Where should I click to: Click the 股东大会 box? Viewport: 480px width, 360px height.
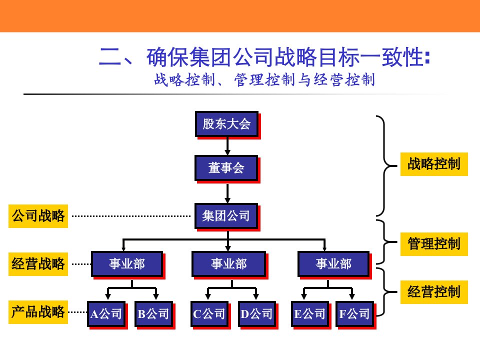226,123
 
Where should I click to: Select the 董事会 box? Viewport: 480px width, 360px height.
226,168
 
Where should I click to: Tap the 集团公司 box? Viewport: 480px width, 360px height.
226,216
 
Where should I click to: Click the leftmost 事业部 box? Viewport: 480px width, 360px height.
126,263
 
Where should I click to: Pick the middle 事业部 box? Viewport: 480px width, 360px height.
228,263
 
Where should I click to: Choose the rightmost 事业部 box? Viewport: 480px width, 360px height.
333,263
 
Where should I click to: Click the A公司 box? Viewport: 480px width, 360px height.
106,313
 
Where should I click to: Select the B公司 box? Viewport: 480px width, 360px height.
153,313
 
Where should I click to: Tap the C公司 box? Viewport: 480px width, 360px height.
209,313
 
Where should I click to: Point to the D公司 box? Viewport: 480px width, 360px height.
256,313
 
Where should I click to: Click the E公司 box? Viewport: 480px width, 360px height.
309,313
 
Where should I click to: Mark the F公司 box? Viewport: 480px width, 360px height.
354,313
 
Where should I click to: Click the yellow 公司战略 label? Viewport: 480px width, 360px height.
38,216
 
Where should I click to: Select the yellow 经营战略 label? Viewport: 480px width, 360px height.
38,263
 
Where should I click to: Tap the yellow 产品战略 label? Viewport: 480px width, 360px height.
38,312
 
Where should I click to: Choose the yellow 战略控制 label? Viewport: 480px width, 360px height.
434,164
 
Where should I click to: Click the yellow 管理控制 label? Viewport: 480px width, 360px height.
434,243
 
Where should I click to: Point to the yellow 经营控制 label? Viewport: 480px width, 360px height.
434,291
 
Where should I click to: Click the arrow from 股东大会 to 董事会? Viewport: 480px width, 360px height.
227,145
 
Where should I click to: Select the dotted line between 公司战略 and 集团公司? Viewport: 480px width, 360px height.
131,216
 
